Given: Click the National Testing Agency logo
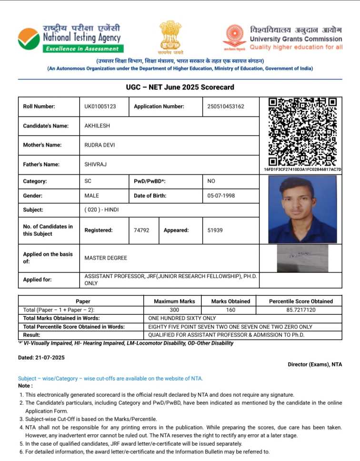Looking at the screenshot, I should pyautogui.click(x=29, y=38).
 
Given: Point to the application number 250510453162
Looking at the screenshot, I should pyautogui.click(x=226, y=107).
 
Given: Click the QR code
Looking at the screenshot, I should pyautogui.click(x=302, y=131).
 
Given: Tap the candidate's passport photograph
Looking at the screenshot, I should pyautogui.click(x=302, y=210).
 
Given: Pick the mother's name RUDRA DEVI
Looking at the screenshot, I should pyautogui.click(x=100, y=145).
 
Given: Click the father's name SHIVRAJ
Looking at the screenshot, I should pyautogui.click(x=96, y=165).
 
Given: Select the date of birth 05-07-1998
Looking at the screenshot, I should pyautogui.click(x=221, y=196).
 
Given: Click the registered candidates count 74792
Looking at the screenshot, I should pyautogui.click(x=141, y=230).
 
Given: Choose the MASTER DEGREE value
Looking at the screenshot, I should pyautogui.click(x=106, y=258).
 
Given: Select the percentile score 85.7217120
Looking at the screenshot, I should pyautogui.click(x=300, y=310).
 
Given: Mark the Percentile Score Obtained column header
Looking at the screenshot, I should pyautogui.click(x=300, y=301).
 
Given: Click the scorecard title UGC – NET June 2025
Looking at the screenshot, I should pyautogui.click(x=180, y=88).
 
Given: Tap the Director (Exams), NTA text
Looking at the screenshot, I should pyautogui.click(x=315, y=365).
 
